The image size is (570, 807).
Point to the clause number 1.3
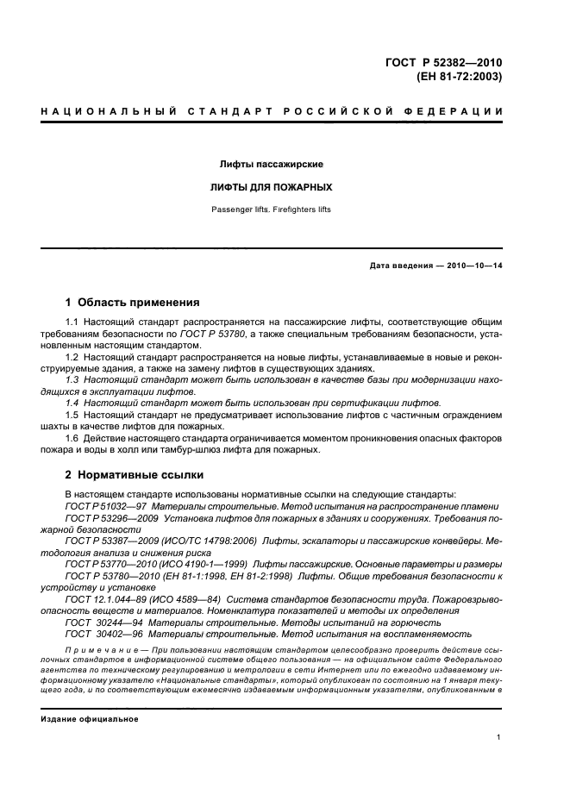point(72,379)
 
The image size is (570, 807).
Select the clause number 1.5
point(72,415)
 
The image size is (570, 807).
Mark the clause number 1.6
point(72,437)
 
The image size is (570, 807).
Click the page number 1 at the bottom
point(498,737)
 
